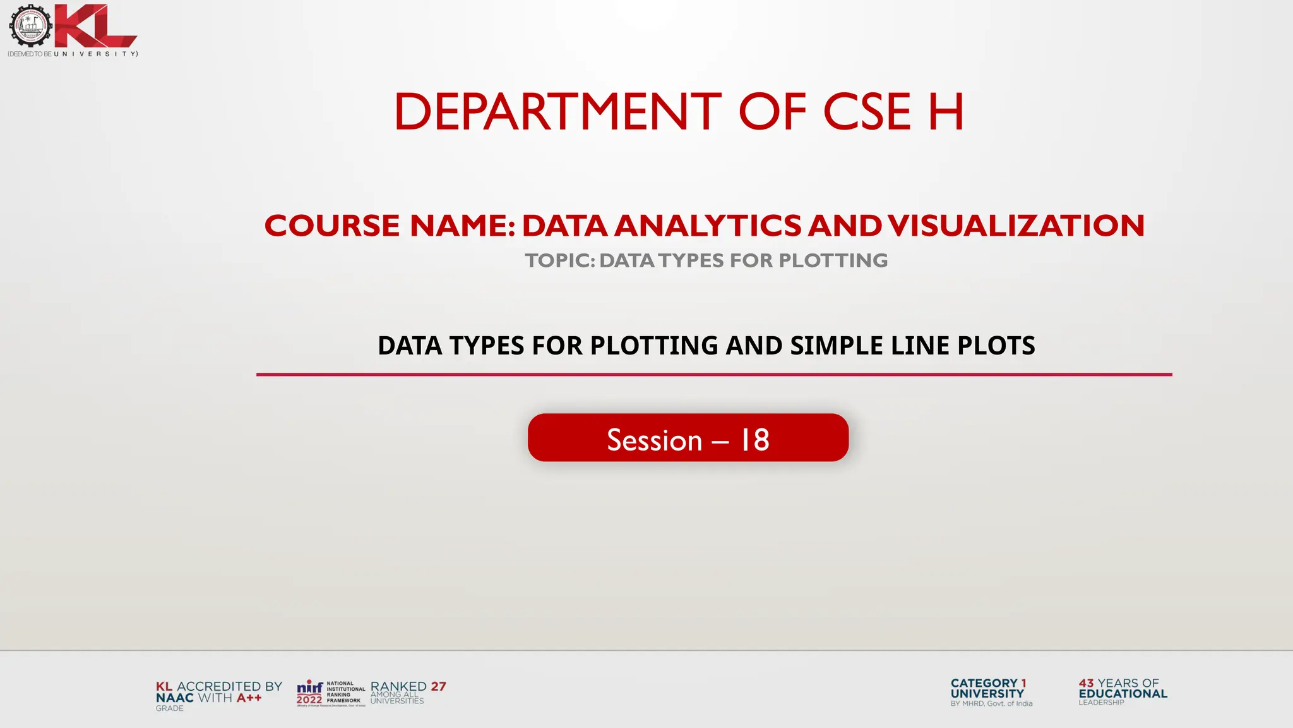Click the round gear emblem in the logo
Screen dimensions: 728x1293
pyautogui.click(x=30, y=25)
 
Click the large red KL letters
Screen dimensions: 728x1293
pyautogui.click(x=95, y=27)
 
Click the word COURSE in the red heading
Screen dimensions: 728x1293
pyautogui.click(x=332, y=226)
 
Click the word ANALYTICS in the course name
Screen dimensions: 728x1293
pyautogui.click(x=707, y=226)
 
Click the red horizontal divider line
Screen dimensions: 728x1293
pyautogui.click(x=713, y=375)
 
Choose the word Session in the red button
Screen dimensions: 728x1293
pyautogui.click(x=654, y=440)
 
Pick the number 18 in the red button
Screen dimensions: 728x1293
pyautogui.click(x=754, y=440)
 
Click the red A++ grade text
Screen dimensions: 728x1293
pyautogui.click(x=249, y=698)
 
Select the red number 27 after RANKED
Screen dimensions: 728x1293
pyautogui.click(x=438, y=686)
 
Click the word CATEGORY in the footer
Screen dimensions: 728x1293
pyautogui.click(x=984, y=683)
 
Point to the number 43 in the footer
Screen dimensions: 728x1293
pyautogui.click(x=1086, y=683)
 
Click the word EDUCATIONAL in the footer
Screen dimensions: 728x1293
pyautogui.click(x=1123, y=693)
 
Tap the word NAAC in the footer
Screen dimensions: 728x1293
pyautogui.click(x=174, y=698)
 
